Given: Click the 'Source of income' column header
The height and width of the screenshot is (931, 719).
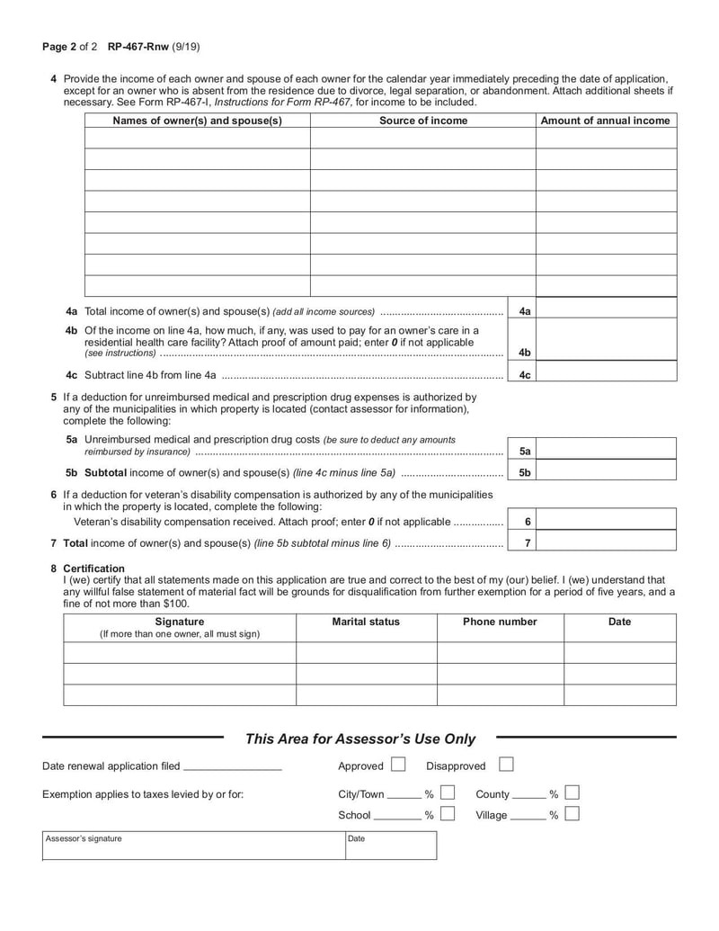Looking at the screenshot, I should pyautogui.click(x=422, y=121).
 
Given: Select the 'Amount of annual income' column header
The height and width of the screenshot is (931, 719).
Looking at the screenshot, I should pyautogui.click(x=605, y=121).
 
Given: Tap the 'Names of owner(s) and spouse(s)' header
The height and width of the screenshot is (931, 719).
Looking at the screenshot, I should pyautogui.click(x=197, y=121).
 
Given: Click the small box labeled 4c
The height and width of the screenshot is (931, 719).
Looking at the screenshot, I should pyautogui.click(x=525, y=375).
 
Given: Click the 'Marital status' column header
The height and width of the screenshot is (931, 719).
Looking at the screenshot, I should pyautogui.click(x=366, y=622).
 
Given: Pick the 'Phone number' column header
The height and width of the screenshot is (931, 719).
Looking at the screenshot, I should pyautogui.click(x=500, y=622).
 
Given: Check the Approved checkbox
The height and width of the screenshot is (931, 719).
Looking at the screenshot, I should pyautogui.click(x=398, y=765).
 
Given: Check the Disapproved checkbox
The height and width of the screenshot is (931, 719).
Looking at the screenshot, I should pyautogui.click(x=506, y=765).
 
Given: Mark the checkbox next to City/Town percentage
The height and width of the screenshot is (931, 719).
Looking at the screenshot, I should pyautogui.click(x=448, y=793).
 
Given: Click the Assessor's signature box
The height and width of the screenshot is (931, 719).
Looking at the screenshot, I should pyautogui.click(x=193, y=846).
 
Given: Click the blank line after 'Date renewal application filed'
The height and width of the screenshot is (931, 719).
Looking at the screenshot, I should pyautogui.click(x=232, y=767).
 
